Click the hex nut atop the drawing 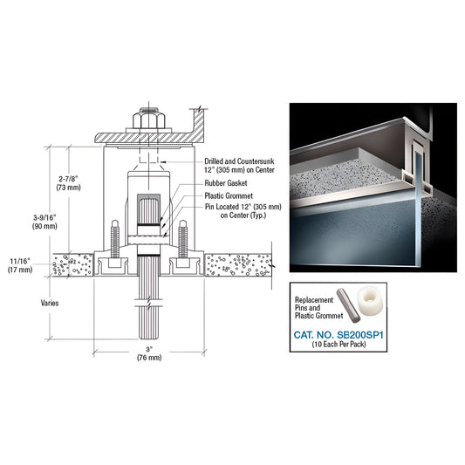coord(149,120)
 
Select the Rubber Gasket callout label coord(226,183)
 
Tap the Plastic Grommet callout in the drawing coord(229,195)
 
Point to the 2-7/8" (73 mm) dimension coord(69,183)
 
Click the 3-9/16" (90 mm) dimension coord(44,222)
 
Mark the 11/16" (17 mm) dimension coord(20,265)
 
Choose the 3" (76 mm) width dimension coord(149,353)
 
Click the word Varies coord(50,303)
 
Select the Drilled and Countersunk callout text coord(239,166)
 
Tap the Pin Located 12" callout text coord(243,211)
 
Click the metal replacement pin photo coord(348,305)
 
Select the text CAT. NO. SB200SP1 coord(338,335)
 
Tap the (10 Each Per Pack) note coord(338,344)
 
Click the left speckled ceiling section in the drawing coord(73,265)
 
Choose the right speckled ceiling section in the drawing coord(238,265)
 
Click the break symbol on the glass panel coord(149,302)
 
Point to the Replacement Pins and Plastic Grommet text coord(318,308)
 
